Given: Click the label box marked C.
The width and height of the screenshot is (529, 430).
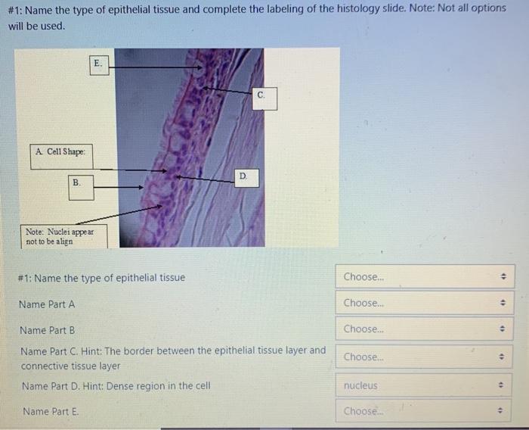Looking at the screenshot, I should (261, 97).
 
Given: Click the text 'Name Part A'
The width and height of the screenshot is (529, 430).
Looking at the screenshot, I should (48, 304).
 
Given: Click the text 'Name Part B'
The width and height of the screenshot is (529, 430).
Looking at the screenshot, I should (48, 330).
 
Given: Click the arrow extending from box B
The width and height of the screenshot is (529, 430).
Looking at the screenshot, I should (118, 187).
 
